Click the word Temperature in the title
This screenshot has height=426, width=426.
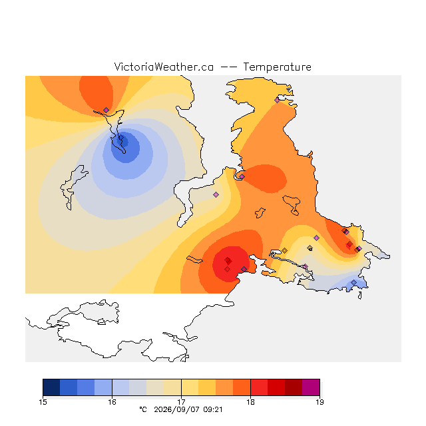[x=277, y=67]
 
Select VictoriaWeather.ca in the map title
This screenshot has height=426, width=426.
[x=164, y=67]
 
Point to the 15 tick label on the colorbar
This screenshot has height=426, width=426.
[x=43, y=402]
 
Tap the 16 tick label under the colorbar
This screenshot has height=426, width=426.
[x=112, y=402]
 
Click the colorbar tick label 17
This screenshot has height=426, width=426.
[x=181, y=402]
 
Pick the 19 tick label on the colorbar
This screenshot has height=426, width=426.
[x=319, y=402]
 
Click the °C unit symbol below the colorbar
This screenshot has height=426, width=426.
[x=143, y=410]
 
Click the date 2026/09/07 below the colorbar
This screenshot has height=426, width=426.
[x=177, y=410]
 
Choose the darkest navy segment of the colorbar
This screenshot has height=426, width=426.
[x=51, y=387]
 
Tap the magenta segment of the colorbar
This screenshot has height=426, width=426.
[x=311, y=387]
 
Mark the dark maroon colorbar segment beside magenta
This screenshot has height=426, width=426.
[x=294, y=387]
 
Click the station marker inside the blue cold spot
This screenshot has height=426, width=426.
[x=121, y=138]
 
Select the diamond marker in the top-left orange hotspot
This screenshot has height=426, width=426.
[x=106, y=110]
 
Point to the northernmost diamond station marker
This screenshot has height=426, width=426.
[x=277, y=101]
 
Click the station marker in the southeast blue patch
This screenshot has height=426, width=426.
[x=353, y=282]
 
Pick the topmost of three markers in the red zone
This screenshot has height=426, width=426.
[x=228, y=260]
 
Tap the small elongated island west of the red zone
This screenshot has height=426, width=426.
[x=194, y=260]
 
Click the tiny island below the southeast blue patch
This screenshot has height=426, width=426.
[x=360, y=296]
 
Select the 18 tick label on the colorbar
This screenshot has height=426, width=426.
[x=250, y=402]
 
